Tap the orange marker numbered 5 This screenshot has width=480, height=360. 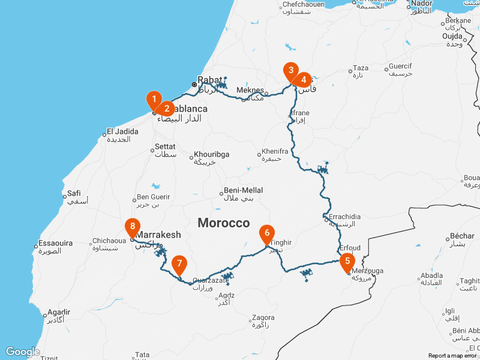pyautogui.click(x=347, y=262)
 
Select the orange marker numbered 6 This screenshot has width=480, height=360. pyautogui.click(x=267, y=232)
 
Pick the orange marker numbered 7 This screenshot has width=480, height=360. pyautogui.click(x=179, y=264)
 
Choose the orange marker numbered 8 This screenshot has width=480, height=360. pyautogui.click(x=133, y=227)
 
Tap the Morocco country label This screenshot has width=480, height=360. pyautogui.click(x=224, y=223)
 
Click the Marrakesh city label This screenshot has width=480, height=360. pyautogui.click(x=158, y=235)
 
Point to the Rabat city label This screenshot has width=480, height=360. pyautogui.click(x=210, y=79)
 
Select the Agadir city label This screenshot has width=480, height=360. pyautogui.click(x=58, y=313)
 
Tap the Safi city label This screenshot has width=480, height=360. pyautogui.click(x=74, y=193)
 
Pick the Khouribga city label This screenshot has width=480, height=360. pyautogui.click(x=211, y=154)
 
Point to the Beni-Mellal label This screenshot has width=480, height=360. pyautogui.click(x=239, y=190)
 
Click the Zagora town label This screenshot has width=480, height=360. pyautogui.click(x=263, y=317)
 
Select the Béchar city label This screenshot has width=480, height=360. pyautogui.click(x=462, y=236)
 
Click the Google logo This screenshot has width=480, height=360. pyautogui.click(x=23, y=352)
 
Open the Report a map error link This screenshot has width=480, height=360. pyautogui.click(x=452, y=356)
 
